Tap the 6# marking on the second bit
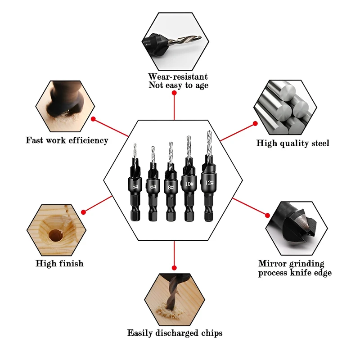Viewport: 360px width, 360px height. [153, 186]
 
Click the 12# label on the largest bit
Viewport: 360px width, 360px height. [208, 183]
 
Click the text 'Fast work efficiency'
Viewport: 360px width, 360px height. [67, 140]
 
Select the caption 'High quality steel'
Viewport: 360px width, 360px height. [293, 143]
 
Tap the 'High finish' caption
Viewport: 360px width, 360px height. [59, 264]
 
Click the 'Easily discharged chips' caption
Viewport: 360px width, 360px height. [175, 333]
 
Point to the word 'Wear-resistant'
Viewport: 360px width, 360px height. [178, 76]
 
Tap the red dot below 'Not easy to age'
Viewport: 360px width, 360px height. [174, 93]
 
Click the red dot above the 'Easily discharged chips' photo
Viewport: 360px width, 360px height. [174, 267]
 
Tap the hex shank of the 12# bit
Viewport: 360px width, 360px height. [208, 211]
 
